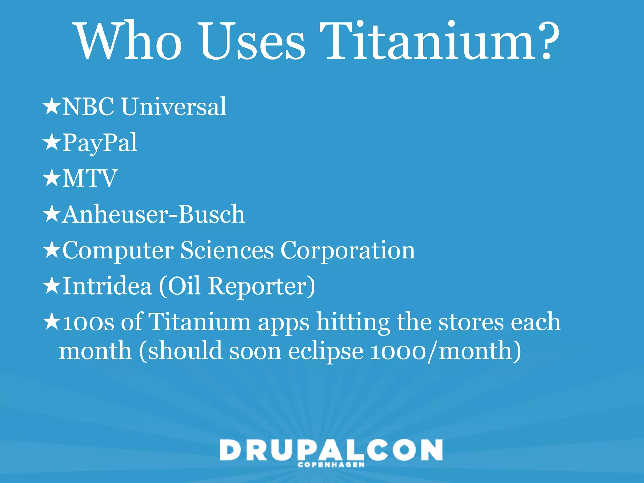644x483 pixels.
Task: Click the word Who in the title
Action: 129,41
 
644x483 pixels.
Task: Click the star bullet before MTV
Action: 51,178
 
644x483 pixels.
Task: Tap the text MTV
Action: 90,179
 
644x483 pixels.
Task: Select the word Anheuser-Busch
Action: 153,214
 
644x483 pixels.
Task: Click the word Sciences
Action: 227,250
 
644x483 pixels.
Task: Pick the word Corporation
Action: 347,250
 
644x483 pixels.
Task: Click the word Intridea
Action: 107,286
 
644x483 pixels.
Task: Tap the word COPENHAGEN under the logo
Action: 331,465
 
